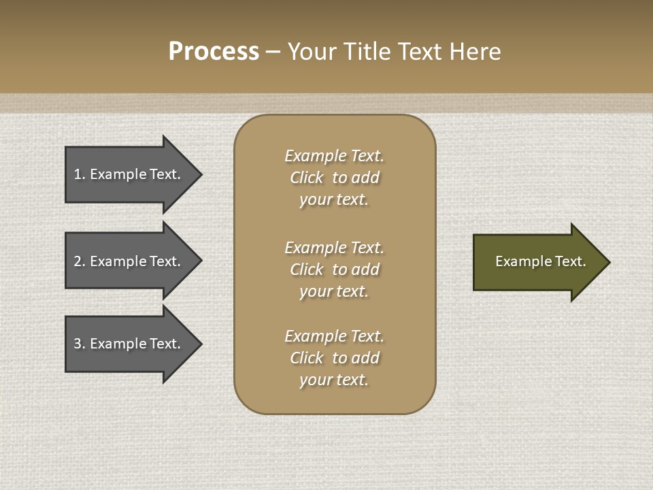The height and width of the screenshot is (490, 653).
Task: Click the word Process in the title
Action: [214, 52]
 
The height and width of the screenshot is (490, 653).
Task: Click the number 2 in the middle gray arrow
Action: [78, 261]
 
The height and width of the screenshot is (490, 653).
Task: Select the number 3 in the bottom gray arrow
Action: [78, 344]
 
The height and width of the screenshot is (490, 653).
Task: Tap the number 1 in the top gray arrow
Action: [78, 174]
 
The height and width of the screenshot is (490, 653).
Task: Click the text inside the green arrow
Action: [540, 261]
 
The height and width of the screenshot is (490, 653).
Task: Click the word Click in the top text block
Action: [307, 178]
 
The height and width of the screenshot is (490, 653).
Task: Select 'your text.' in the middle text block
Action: [334, 291]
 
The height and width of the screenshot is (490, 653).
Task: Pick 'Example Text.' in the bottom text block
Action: [334, 336]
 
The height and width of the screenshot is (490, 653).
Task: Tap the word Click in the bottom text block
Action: [307, 358]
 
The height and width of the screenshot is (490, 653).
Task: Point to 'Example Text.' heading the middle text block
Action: [334, 248]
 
